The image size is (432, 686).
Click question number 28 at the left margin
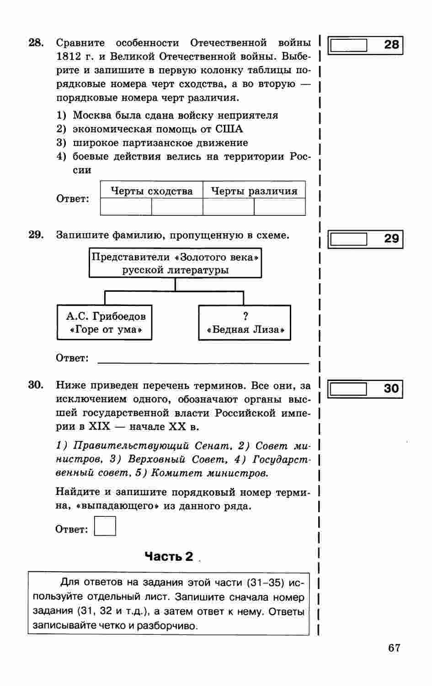point(36,43)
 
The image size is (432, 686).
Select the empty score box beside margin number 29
point(349,239)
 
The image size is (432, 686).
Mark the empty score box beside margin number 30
point(349,389)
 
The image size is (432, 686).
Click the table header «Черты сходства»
point(152,191)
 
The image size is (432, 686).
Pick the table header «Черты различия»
point(254,191)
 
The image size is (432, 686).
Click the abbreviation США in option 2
point(229,129)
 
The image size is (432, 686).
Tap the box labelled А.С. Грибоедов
point(105,322)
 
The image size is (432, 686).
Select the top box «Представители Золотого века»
point(176,263)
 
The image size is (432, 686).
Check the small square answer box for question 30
point(105,526)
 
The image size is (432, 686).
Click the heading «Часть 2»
point(169,557)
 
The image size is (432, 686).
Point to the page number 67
point(394,648)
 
